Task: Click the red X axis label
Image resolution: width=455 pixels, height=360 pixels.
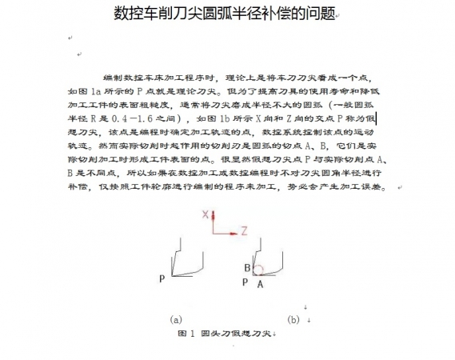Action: pyautogui.click(x=206, y=214)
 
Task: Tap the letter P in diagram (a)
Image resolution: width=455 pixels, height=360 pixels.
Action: pyautogui.click(x=162, y=279)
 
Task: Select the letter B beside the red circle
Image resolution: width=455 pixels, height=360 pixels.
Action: pyautogui.click(x=248, y=267)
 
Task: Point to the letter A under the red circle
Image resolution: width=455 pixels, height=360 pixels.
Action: pyautogui.click(x=260, y=282)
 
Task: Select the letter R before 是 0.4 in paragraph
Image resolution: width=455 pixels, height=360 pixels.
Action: pyautogui.click(x=93, y=118)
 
